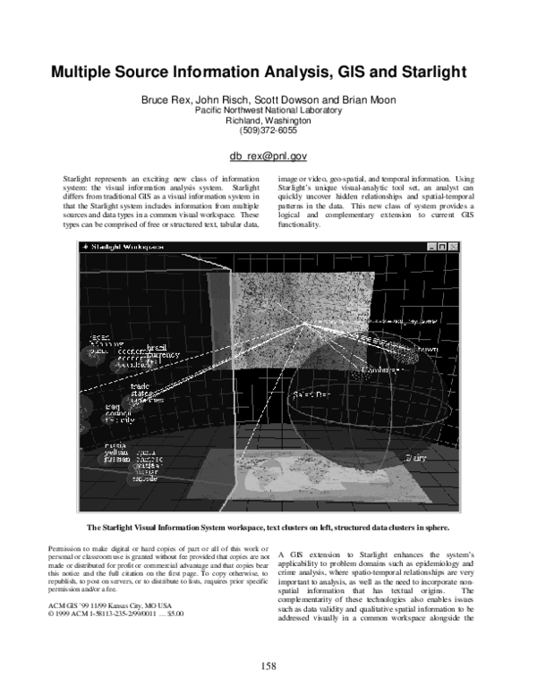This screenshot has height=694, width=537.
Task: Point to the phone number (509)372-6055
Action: pos(268,131)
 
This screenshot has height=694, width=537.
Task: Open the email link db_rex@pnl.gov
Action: pos(268,156)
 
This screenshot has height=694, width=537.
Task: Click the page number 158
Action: pos(268,665)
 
